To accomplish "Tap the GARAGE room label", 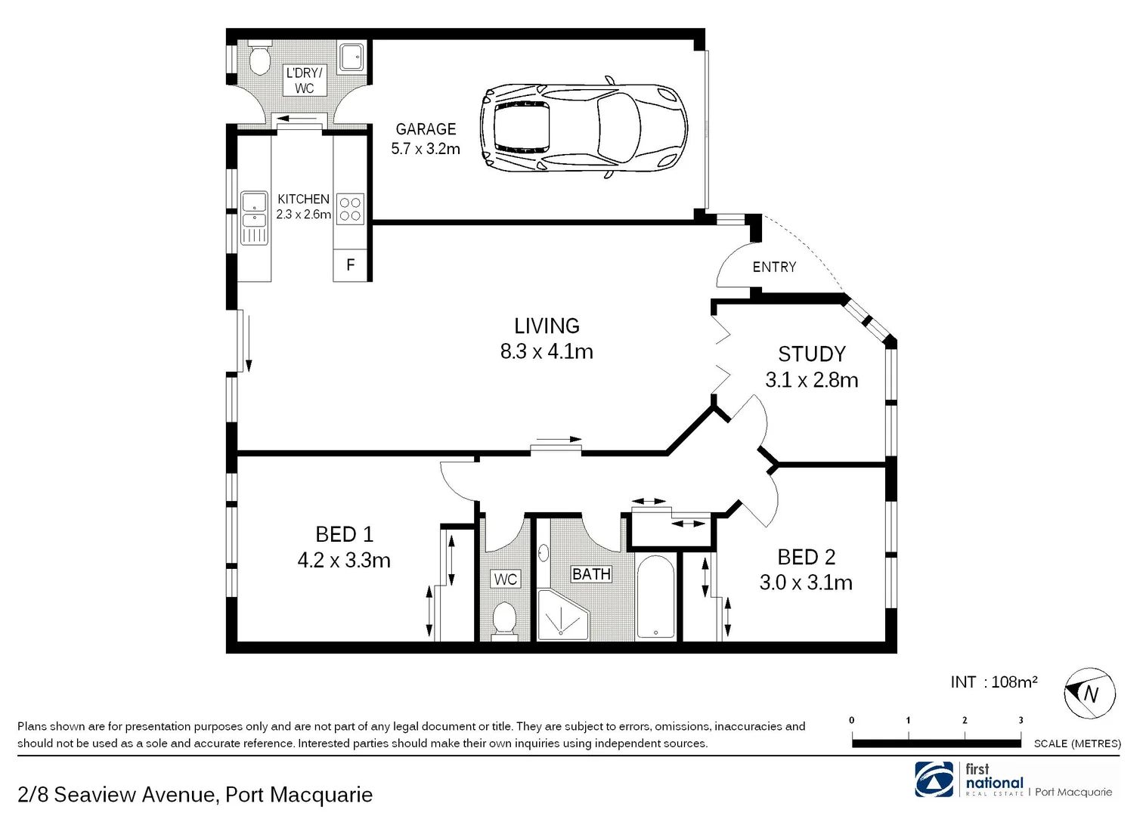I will click(426, 129).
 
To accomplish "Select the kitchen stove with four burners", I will click(349, 209).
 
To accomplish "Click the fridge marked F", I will click(351, 265).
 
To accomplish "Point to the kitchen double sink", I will click(254, 218).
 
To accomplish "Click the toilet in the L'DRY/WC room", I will click(258, 59).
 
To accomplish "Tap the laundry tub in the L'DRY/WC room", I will click(352, 57).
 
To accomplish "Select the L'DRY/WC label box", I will click(304, 80).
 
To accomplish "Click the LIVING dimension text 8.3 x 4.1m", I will click(547, 351).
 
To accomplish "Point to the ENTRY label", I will click(774, 267).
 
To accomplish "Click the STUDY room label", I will click(812, 354).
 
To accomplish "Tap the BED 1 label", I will click(344, 534).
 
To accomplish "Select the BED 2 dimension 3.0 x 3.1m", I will click(806, 583).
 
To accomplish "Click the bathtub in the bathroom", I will click(655, 598).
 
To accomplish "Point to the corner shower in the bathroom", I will click(562, 614).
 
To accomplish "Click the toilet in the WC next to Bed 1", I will click(504, 619).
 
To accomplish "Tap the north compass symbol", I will click(1089, 693).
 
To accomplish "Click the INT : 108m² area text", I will click(993, 682).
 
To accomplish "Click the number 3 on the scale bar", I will click(1021, 720).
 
